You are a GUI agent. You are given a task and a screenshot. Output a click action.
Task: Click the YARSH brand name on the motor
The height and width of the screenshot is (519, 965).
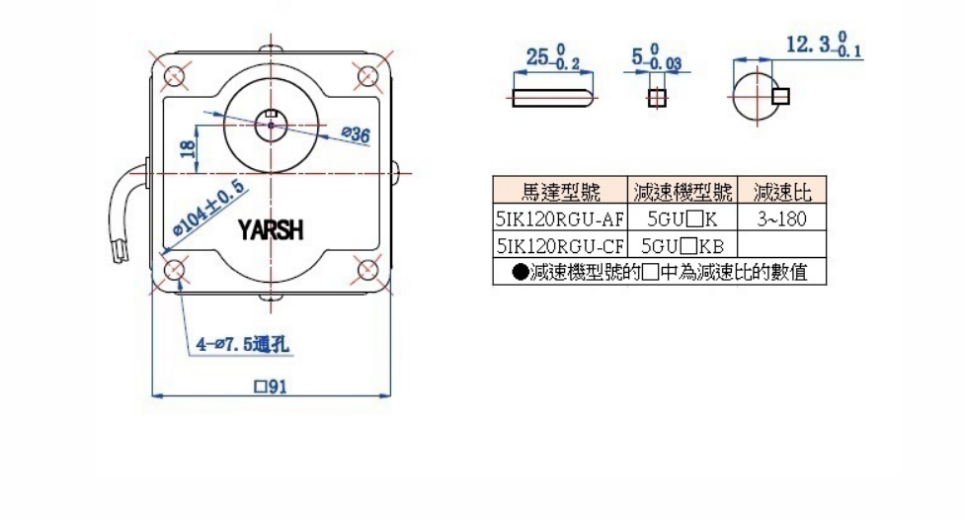pos(271,230)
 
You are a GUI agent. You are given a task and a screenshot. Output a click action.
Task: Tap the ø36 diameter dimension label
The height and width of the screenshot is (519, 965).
pos(355,134)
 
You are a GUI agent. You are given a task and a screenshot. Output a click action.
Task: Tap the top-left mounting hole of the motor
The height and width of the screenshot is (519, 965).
pos(176,76)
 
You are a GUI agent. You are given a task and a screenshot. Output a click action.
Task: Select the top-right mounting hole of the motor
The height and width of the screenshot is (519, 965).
pos(366,76)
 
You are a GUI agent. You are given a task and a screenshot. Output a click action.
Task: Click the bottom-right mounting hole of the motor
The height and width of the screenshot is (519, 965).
pos(366,269)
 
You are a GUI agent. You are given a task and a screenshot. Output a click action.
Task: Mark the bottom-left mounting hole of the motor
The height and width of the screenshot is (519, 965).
pos(176,269)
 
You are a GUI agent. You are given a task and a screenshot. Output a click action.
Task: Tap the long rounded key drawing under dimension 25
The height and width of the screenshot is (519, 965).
pos(552,97)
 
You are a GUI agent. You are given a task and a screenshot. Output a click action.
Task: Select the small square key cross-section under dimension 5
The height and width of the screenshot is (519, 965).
pos(657,97)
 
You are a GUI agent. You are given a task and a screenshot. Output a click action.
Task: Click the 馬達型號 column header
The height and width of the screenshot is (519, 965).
pos(560,190)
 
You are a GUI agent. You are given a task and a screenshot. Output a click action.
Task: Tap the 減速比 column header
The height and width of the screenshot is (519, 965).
pos(781,190)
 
